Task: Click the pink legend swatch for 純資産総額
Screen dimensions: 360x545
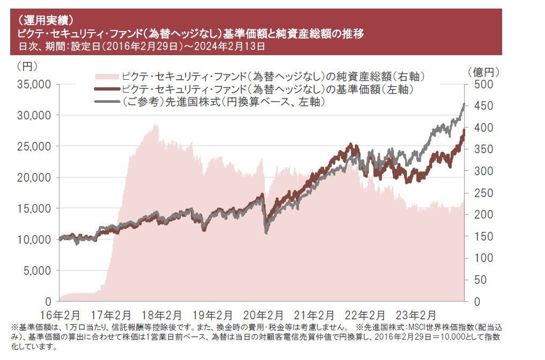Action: (106, 76)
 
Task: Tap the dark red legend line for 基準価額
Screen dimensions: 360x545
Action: (106, 88)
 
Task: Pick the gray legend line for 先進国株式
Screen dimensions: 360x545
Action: (106, 101)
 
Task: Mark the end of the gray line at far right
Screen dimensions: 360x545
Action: (464, 104)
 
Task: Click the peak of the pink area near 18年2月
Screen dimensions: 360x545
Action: (156, 125)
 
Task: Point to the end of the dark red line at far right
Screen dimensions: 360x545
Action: (464, 130)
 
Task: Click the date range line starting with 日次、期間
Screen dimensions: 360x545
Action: (141, 47)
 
